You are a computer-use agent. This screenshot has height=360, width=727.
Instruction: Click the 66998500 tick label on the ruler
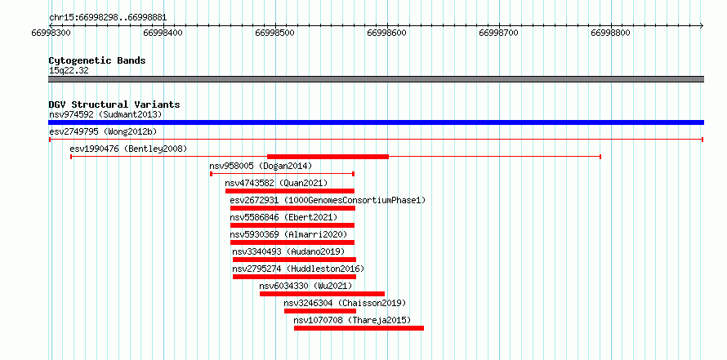(275, 33)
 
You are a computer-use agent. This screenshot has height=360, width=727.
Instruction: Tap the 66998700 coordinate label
(498, 33)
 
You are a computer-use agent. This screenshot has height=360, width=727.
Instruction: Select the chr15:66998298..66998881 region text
(108, 18)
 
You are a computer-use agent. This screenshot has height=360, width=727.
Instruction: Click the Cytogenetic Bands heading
(97, 60)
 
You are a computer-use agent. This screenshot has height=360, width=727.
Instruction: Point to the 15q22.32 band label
(69, 71)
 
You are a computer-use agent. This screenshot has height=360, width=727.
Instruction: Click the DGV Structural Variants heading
(114, 104)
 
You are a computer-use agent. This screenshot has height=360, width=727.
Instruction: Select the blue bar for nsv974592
(376, 122)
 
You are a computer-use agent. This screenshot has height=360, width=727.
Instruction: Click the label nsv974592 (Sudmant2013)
(105, 114)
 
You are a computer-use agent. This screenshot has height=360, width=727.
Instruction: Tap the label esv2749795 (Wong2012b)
(103, 131)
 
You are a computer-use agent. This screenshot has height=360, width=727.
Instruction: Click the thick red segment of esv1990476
(328, 157)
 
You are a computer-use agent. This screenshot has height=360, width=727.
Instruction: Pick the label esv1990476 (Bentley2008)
(128, 149)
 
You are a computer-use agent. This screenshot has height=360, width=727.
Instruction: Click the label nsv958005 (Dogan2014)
(261, 166)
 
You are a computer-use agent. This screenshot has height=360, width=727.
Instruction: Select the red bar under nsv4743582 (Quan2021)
(290, 191)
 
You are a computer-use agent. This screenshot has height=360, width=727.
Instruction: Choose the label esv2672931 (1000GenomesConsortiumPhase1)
(328, 200)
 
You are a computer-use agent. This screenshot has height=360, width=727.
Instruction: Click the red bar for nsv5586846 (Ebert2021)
(292, 225)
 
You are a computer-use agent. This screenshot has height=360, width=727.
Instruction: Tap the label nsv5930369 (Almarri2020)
(288, 234)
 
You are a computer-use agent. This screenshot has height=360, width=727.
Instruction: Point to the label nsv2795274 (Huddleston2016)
(299, 269)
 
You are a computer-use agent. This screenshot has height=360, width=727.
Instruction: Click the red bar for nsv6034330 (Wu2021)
(322, 294)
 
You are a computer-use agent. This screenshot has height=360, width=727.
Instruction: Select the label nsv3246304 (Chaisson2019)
(345, 303)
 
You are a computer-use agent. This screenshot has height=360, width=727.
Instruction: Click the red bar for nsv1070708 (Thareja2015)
(359, 328)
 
